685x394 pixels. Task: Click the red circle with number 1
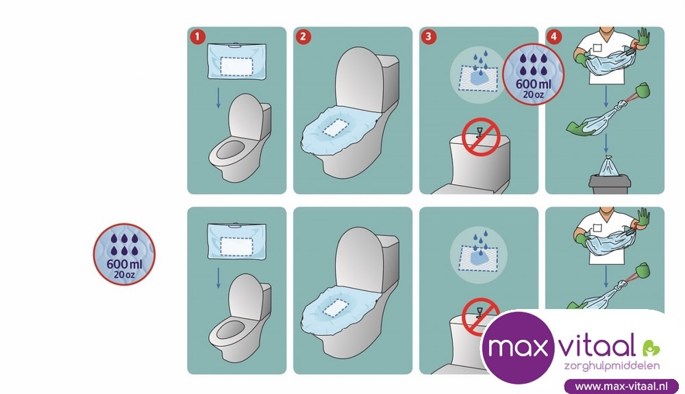click(197, 37)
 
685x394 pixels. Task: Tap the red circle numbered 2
click(303, 37)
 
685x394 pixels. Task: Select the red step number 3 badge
click(429, 37)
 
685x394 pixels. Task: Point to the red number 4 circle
click(554, 37)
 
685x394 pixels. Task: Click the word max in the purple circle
click(517, 347)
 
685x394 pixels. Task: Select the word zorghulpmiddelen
click(612, 366)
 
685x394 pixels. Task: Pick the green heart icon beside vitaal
click(651, 348)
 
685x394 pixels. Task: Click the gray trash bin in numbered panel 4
click(610, 184)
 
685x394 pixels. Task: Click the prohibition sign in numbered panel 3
click(481, 137)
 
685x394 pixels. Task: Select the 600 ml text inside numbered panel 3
click(534, 84)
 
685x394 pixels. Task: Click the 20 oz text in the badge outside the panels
click(124, 275)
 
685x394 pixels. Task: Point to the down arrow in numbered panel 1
click(219, 98)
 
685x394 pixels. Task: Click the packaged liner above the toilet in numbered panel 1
click(237, 61)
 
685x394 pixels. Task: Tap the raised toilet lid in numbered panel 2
click(359, 79)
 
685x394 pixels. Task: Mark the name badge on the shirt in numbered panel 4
click(597, 48)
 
